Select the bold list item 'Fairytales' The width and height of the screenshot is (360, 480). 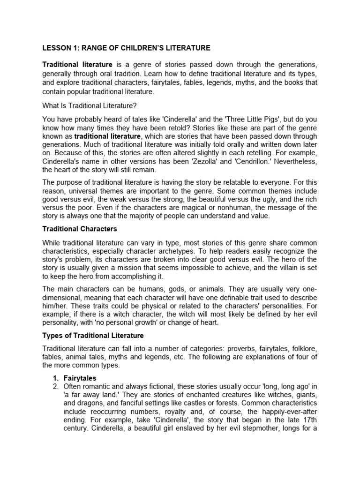(x=81, y=377)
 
